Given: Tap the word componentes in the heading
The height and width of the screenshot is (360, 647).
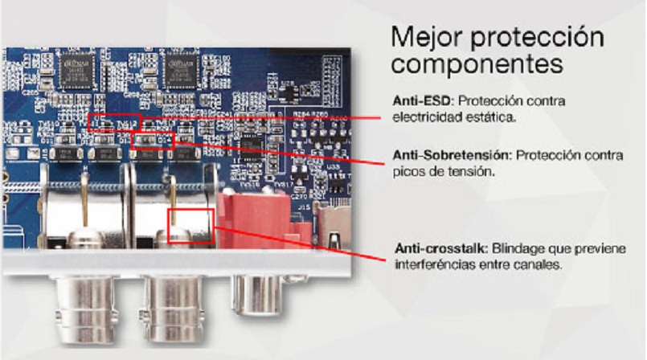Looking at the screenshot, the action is click(477, 64).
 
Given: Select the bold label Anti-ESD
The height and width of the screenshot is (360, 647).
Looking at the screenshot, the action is click(423, 100).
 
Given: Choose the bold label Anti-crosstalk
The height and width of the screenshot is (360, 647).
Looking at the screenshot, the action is click(441, 248).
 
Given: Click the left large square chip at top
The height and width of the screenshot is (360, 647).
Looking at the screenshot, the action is click(76, 71).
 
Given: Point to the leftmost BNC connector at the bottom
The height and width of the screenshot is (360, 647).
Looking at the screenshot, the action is click(85, 310).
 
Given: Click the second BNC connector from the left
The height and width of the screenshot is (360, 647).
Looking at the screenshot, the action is click(174, 310).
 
